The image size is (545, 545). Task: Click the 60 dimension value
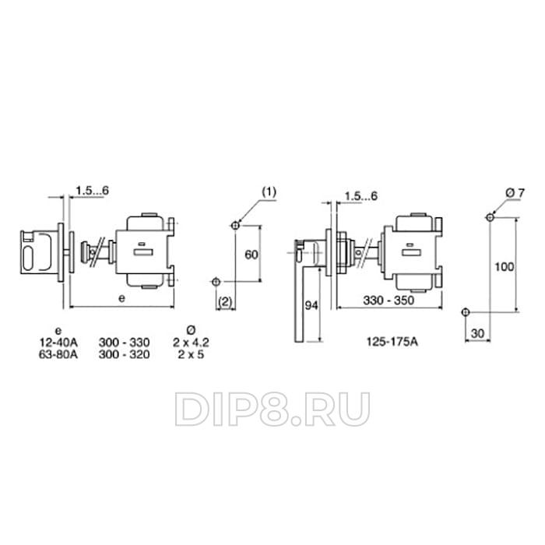251,255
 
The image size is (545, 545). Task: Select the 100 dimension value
504,266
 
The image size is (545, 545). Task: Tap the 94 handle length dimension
311,305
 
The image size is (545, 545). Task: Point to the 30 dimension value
477,333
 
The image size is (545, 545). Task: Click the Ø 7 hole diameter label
515,193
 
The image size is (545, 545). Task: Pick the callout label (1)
269,192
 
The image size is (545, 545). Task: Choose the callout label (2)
225,302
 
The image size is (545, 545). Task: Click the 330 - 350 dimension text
389,301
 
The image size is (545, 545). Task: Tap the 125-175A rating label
392,342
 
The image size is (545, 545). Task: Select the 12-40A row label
58,343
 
